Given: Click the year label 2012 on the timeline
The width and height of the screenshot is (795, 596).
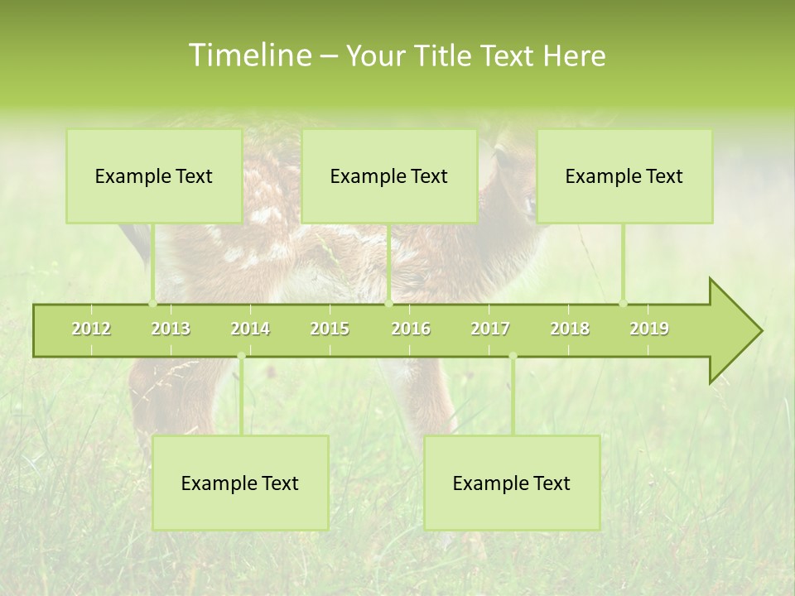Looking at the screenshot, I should [x=91, y=329].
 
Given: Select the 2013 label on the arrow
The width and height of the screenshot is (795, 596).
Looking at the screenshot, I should [x=171, y=329].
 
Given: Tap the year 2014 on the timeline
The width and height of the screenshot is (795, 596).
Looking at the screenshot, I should [x=250, y=329].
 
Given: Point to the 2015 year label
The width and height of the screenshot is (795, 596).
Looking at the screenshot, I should [x=330, y=329].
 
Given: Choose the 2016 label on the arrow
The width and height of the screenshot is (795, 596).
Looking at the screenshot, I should [x=411, y=329].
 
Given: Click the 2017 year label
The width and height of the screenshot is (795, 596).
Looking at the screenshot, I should [x=490, y=329].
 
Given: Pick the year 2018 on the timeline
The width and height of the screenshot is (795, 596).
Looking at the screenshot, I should [x=570, y=329].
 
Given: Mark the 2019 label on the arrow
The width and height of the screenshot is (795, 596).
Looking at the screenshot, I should [x=649, y=329].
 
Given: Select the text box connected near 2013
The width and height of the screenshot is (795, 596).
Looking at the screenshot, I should [x=154, y=176].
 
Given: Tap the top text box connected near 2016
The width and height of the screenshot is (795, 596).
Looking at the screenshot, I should [x=389, y=176].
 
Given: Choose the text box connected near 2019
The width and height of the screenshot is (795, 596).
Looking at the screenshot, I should [x=624, y=176].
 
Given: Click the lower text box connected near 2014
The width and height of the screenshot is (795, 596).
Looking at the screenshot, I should [x=240, y=483].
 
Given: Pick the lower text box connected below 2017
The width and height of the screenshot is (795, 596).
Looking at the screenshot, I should [x=512, y=483].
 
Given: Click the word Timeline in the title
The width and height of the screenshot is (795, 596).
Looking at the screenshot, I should [x=249, y=55].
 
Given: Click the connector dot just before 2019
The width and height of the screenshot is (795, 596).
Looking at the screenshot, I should [x=624, y=304].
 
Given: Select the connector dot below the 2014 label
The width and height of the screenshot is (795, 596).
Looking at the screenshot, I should [x=241, y=357].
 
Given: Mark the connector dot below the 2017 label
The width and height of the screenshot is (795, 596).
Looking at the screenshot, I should [x=513, y=357].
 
